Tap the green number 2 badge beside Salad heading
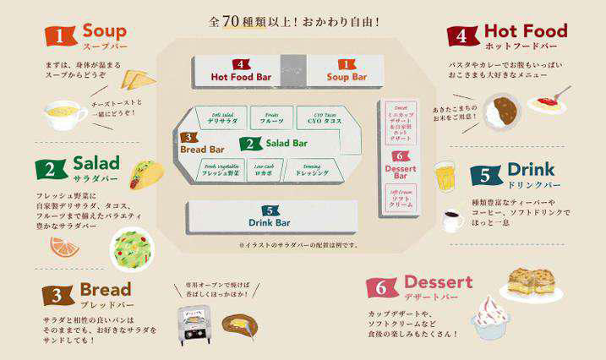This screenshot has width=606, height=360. point(51,168)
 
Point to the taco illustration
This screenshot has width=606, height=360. point(145,175)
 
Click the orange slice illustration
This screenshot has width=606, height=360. point(64,247)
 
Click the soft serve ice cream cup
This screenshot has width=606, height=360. point(490,317)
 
